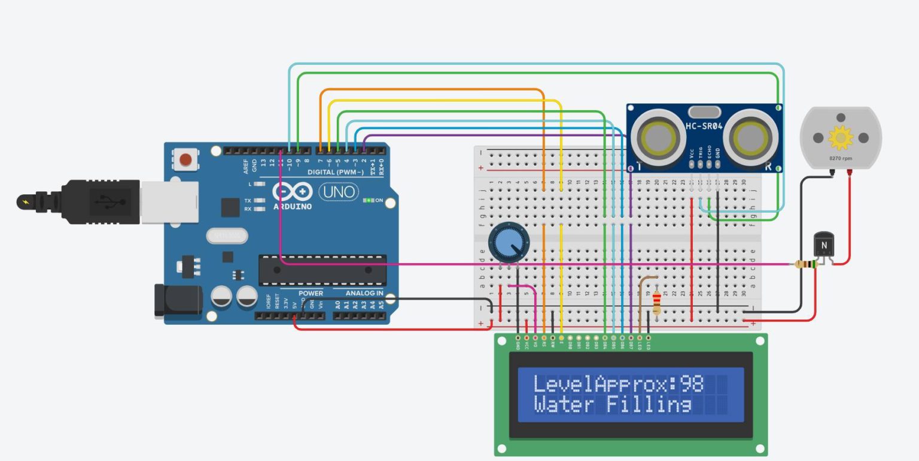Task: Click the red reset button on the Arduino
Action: [x=186, y=160]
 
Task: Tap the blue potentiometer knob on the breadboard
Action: [x=509, y=242]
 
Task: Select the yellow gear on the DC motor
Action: [x=841, y=138]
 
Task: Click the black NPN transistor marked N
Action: [x=824, y=245]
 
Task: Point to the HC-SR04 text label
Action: [x=704, y=126]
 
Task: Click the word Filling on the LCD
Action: [x=650, y=405]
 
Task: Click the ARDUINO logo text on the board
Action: [x=293, y=206]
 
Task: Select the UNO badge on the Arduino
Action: [x=338, y=192]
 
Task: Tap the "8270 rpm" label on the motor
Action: [x=841, y=158]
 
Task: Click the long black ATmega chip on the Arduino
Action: [x=322, y=270]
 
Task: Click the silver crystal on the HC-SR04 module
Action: [x=704, y=112]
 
